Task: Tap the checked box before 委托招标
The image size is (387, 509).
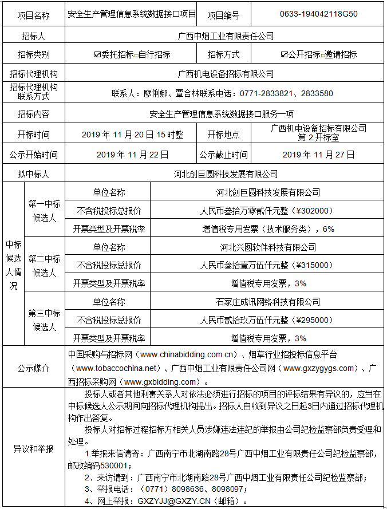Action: pyautogui.click(x=97, y=55)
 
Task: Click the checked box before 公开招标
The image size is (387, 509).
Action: pyautogui.click(x=284, y=55)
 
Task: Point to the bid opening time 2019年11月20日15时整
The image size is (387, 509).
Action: pyautogui.click(x=133, y=135)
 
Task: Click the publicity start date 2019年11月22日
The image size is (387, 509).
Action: pyautogui.click(x=133, y=155)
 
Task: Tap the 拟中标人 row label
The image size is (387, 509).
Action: pyautogui.click(x=33, y=174)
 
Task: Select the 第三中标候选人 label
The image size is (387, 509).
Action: pyautogui.click(x=45, y=320)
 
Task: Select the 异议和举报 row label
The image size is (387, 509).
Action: pyautogui.click(x=33, y=449)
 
